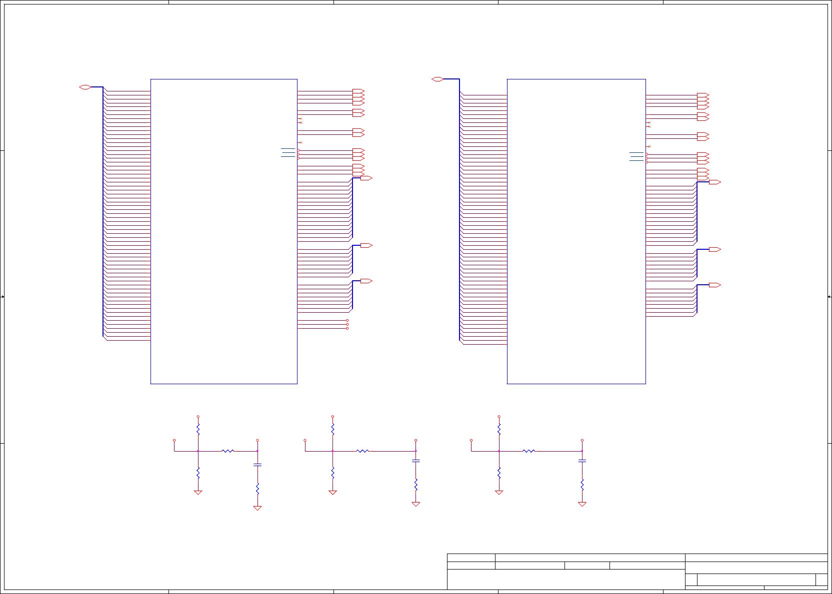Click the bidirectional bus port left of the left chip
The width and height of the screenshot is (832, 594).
85,87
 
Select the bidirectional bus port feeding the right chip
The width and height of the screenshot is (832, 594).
437,79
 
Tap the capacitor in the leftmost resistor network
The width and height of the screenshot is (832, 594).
257,465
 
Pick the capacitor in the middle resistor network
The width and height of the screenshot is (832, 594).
415,461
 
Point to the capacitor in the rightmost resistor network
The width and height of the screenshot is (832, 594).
582,461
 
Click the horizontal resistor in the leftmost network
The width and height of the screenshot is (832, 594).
228,451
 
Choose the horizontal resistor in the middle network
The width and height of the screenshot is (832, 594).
362,451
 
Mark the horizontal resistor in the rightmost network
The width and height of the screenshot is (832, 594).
529,451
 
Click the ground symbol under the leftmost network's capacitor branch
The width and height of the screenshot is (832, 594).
257,508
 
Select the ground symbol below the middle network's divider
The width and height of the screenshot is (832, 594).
332,493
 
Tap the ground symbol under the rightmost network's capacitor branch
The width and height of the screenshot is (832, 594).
582,504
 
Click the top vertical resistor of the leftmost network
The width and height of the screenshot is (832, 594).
198,429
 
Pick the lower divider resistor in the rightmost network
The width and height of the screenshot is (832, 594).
499,473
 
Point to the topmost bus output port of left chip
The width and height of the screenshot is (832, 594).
366,178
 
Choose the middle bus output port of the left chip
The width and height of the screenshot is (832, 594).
366,246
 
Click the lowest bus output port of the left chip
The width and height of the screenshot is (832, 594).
366,281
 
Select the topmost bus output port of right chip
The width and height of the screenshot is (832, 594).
715,182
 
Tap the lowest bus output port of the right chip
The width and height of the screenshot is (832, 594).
715,285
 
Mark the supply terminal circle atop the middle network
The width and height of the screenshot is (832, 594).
332,417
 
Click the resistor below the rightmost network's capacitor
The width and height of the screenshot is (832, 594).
582,485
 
